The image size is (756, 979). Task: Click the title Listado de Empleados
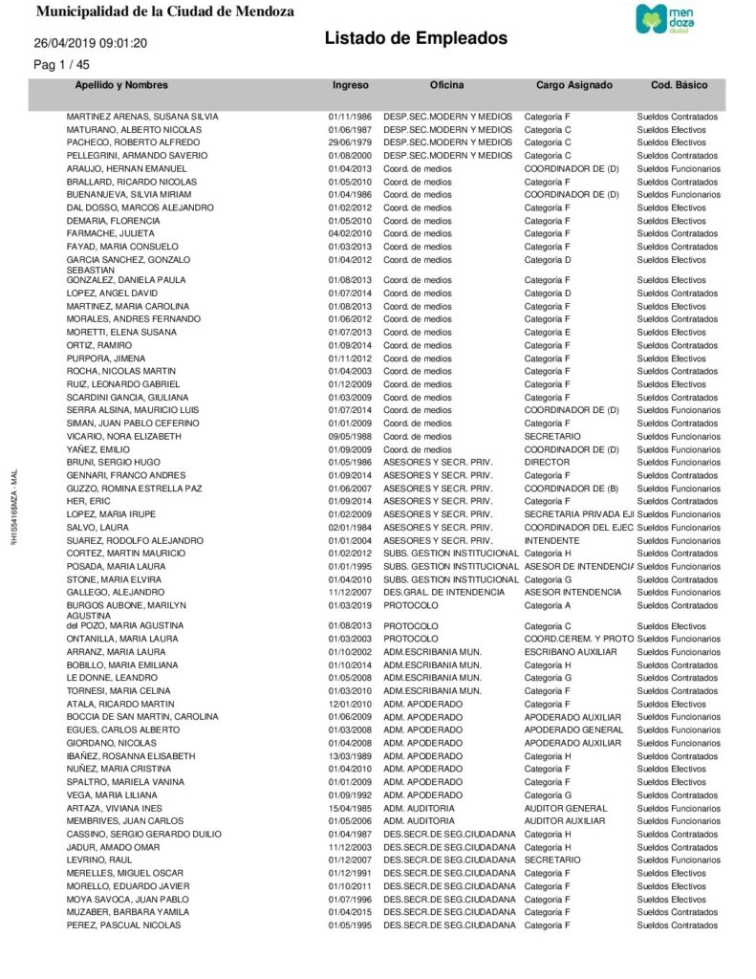(x=416, y=38)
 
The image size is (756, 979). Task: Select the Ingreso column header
(x=350, y=85)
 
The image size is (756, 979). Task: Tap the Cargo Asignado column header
(x=573, y=85)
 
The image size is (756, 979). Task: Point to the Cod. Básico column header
(x=679, y=85)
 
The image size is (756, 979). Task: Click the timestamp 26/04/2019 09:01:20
(x=90, y=43)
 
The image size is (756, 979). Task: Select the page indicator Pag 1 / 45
(x=61, y=65)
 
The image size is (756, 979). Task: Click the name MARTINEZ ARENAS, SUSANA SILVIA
(x=141, y=117)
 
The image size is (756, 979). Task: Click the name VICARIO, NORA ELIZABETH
(x=123, y=436)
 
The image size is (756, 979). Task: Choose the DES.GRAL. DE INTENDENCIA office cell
(x=443, y=593)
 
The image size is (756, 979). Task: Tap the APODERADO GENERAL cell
(x=573, y=729)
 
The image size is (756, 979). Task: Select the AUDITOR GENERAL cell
(x=566, y=808)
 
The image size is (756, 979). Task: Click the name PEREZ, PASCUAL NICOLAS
(x=123, y=925)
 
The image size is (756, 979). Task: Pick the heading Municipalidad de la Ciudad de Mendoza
(x=164, y=12)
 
